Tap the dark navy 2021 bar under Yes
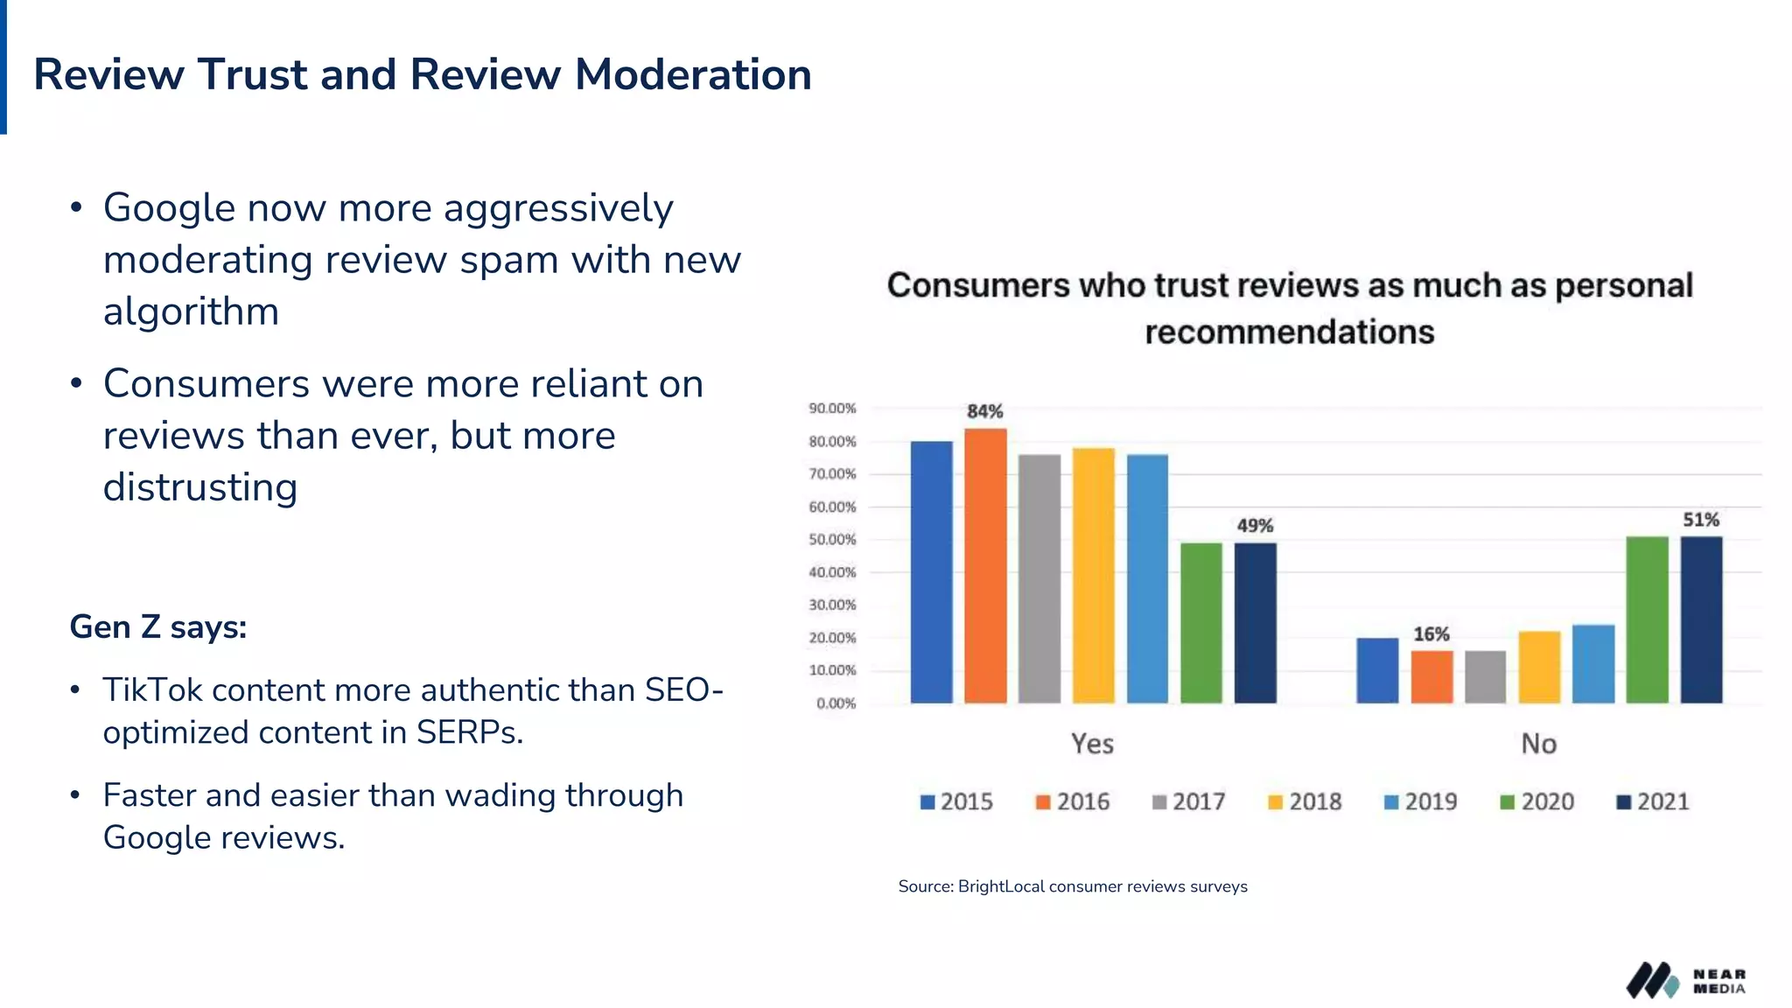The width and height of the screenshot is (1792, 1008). click(x=1255, y=623)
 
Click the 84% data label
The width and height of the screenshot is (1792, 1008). click(x=984, y=411)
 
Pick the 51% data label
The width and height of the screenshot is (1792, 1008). click(x=1701, y=520)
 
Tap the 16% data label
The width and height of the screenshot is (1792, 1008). click(x=1431, y=633)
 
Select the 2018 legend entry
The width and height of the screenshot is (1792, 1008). click(x=1304, y=801)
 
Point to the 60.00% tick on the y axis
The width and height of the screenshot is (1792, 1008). click(x=832, y=507)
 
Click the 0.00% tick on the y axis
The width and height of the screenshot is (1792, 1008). click(x=836, y=703)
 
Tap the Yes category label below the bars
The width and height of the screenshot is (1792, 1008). click(x=1092, y=744)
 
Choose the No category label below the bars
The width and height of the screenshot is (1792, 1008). click(x=1538, y=744)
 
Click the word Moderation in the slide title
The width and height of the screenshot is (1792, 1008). click(x=693, y=74)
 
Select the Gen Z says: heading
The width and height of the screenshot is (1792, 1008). click(x=158, y=626)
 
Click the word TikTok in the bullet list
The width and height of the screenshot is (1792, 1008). click(x=152, y=690)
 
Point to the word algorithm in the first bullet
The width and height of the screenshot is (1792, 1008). click(x=191, y=311)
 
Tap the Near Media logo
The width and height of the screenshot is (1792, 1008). click(x=1685, y=981)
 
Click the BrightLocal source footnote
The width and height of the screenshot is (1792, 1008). click(x=1072, y=886)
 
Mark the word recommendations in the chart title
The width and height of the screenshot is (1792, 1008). click(x=1289, y=332)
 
